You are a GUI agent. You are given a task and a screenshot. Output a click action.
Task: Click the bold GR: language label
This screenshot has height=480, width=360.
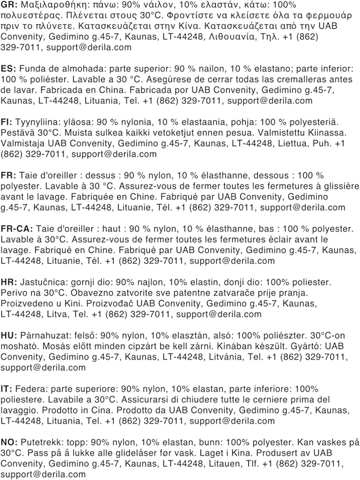click(8, 4)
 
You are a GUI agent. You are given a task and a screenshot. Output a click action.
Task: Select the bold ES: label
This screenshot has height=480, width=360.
click(7, 69)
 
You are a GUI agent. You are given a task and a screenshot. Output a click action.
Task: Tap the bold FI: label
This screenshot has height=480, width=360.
click(6, 122)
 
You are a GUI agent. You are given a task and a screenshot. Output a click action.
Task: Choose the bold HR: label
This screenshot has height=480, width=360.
click(8, 282)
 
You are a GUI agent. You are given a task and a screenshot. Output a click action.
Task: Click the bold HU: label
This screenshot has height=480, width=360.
click(8, 336)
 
